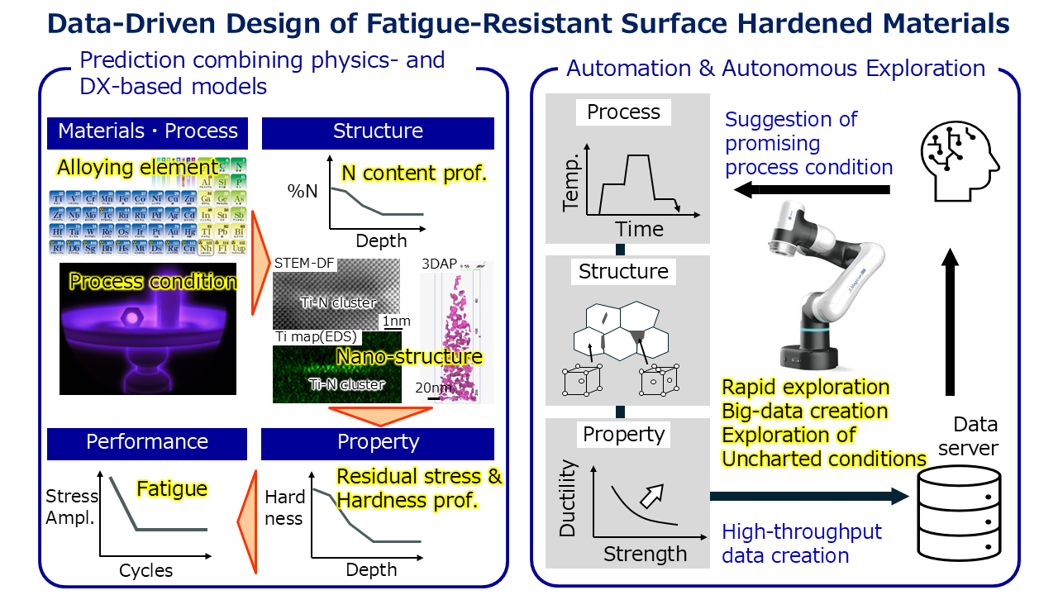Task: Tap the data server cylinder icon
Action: click(x=959, y=513)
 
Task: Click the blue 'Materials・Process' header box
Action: click(x=148, y=131)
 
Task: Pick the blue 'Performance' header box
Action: click(x=147, y=443)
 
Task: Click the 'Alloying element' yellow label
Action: click(x=137, y=168)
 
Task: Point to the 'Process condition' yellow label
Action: click(x=153, y=281)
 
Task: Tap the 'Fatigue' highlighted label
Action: click(x=171, y=489)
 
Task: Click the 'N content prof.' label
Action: click(x=413, y=173)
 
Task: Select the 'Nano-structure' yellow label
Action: click(x=409, y=357)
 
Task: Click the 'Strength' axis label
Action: click(x=645, y=554)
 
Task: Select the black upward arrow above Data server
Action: click(x=950, y=322)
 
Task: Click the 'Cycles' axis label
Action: click(x=146, y=570)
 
